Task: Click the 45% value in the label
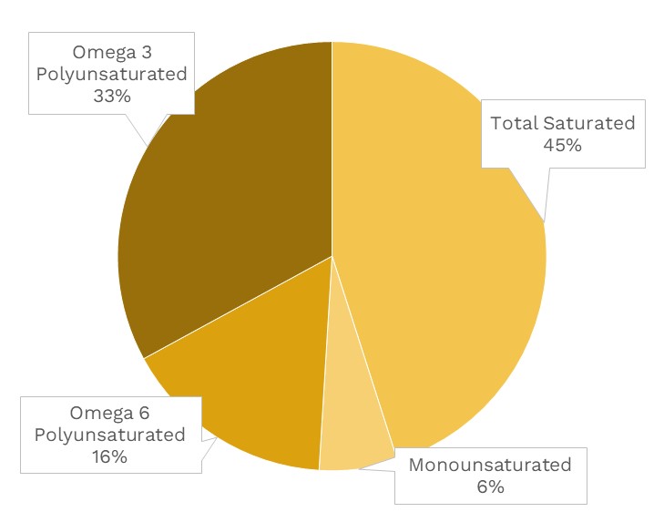(562, 145)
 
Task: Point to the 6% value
(489, 487)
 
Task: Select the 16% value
(109, 456)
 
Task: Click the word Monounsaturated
(489, 466)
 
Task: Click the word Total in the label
(514, 123)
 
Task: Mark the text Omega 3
(110, 51)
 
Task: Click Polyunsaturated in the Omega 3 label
(111, 73)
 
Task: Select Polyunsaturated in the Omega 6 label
(109, 435)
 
